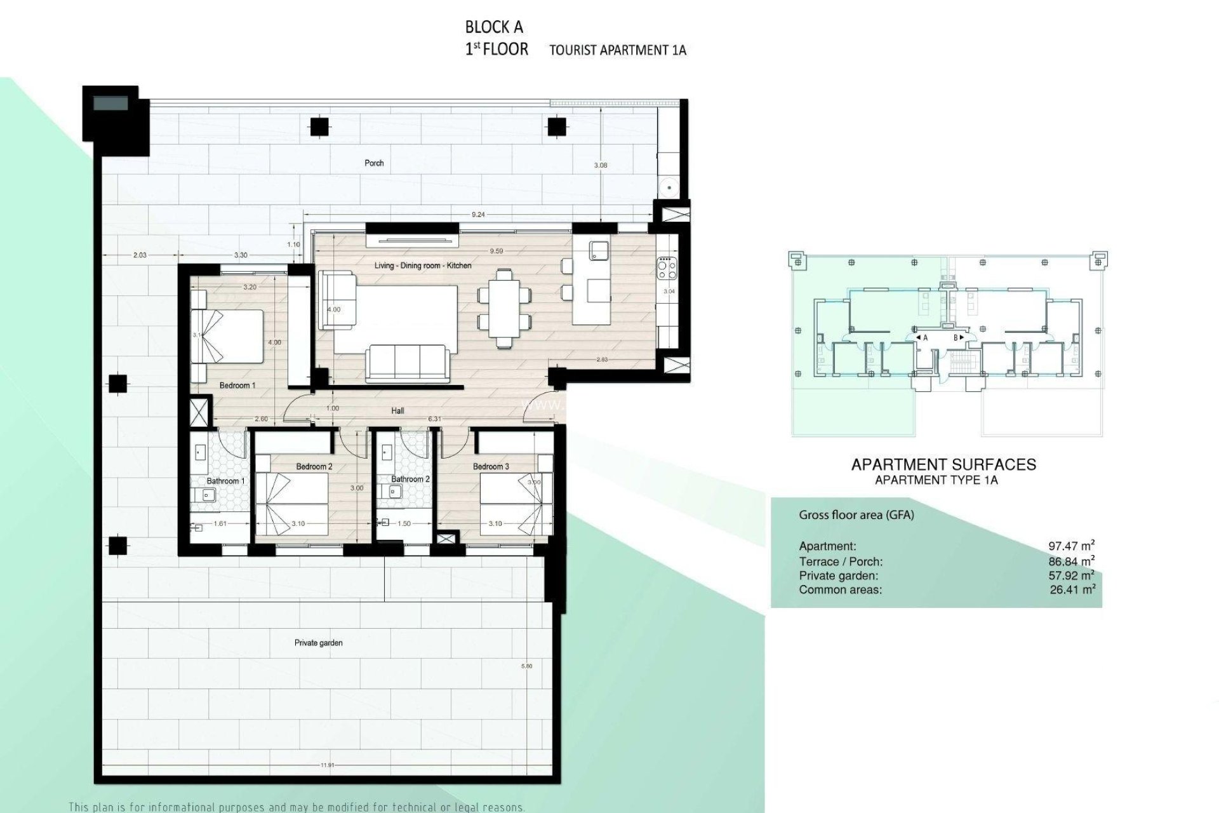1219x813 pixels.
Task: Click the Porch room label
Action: point(374,163)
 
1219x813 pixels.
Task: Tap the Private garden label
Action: point(318,643)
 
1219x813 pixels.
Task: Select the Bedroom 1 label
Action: point(237,386)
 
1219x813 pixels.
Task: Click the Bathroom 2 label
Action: point(410,479)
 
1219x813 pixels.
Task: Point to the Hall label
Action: point(397,411)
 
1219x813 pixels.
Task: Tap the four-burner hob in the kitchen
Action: point(667,267)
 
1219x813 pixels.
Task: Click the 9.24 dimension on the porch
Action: point(478,215)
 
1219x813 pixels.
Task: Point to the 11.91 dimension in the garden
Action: point(327,765)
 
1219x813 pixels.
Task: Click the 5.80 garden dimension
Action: point(526,666)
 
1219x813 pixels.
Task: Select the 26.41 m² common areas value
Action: point(1072,589)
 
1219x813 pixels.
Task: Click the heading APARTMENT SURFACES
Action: point(943,465)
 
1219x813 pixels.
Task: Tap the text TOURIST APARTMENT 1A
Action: point(617,50)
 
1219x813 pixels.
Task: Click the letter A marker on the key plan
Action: point(924,338)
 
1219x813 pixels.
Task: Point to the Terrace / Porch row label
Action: point(840,561)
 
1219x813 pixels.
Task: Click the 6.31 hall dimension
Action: point(434,419)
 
